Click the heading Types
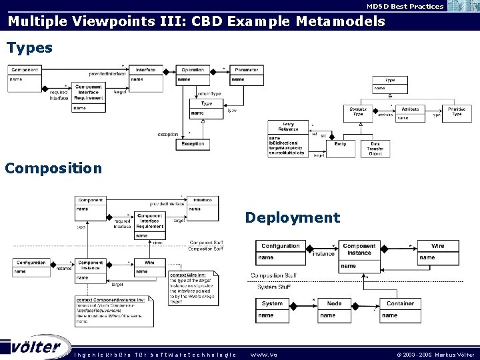point(29,48)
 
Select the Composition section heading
point(53,167)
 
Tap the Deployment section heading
point(292,217)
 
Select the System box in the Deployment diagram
point(273,309)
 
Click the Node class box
point(335,309)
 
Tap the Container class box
point(400,309)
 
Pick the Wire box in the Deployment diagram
point(437,251)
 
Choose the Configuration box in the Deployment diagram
point(281,251)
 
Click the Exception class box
point(193,143)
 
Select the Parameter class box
point(246,75)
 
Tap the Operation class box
point(193,75)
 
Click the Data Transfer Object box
point(375,149)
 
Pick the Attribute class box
point(410,113)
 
